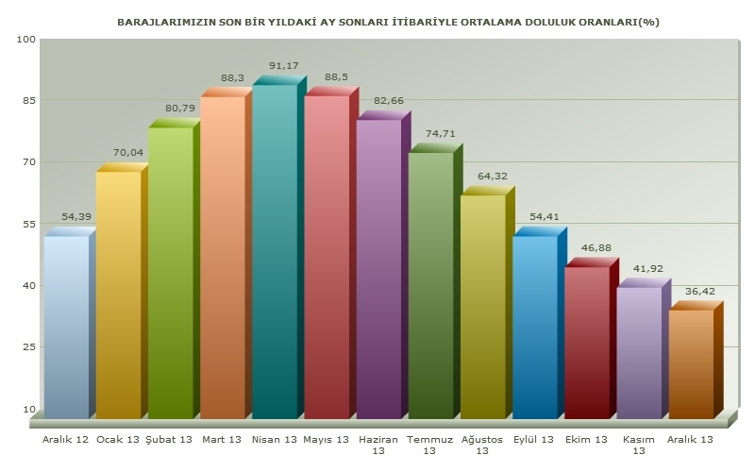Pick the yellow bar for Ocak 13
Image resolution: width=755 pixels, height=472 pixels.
pyautogui.click(x=118, y=293)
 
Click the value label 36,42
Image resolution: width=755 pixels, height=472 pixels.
pyautogui.click(x=700, y=291)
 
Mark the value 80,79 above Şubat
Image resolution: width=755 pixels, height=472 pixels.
pyautogui.click(x=180, y=108)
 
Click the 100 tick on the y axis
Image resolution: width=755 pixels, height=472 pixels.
pyautogui.click(x=25, y=39)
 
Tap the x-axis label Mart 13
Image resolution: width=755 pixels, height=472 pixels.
pyautogui.click(x=222, y=440)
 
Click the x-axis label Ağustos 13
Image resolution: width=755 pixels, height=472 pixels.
pyautogui.click(x=482, y=445)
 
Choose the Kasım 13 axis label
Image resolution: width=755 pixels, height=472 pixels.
pyautogui.click(x=638, y=445)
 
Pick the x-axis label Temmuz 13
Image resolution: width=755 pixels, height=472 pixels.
pyautogui.click(x=430, y=445)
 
